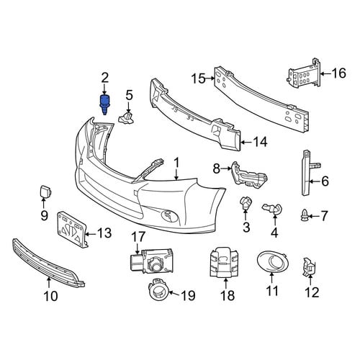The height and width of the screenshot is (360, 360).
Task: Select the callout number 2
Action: click(x=105, y=78)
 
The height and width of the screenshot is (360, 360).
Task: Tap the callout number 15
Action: click(x=199, y=78)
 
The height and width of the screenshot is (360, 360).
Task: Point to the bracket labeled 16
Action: click(x=305, y=74)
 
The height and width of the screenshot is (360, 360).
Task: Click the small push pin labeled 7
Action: click(x=304, y=215)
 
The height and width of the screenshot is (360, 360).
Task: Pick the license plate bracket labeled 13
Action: click(x=71, y=230)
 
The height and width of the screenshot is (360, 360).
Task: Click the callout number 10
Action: click(x=51, y=296)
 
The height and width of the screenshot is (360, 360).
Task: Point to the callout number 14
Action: click(x=260, y=142)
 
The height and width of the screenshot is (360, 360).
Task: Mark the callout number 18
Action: click(x=228, y=295)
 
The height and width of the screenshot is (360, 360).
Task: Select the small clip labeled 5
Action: click(x=126, y=117)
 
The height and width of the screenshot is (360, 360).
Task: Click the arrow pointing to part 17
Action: click(x=138, y=248)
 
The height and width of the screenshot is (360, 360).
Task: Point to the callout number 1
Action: click(x=176, y=163)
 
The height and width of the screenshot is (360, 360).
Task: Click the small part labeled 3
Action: click(x=246, y=203)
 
